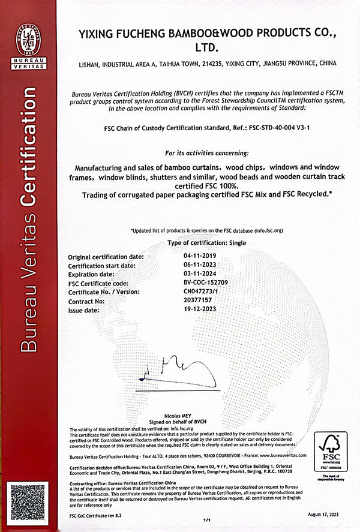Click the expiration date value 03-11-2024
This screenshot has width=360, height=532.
point(201,273)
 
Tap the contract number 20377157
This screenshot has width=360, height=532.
point(199,299)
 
